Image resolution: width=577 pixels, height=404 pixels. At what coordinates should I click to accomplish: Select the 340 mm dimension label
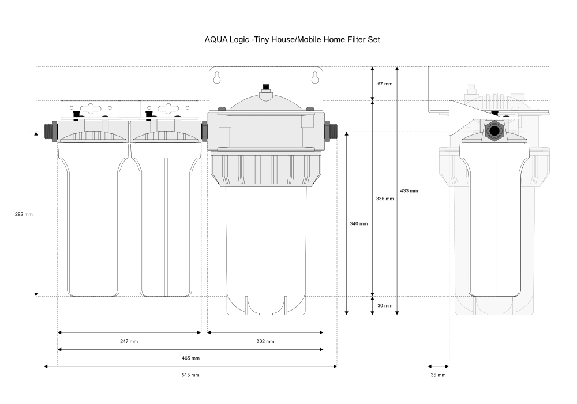point(359,223)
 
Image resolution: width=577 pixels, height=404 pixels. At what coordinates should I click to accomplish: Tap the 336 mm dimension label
point(385,199)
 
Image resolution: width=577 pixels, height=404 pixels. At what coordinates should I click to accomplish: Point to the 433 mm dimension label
point(409,190)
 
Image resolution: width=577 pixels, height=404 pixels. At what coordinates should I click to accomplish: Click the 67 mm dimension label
point(385,84)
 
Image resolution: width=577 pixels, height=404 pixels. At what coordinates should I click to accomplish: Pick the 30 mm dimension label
point(385,305)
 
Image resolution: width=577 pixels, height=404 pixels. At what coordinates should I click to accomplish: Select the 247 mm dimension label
point(129,341)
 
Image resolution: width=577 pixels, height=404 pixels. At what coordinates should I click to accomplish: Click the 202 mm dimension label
point(265,341)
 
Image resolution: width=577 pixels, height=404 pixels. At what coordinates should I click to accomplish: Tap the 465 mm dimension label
point(190,358)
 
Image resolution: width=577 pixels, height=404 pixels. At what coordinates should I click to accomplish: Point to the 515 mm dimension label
point(190,375)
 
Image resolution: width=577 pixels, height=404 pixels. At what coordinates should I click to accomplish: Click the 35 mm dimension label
point(439,375)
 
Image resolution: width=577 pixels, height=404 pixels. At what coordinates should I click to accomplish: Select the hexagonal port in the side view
point(494,130)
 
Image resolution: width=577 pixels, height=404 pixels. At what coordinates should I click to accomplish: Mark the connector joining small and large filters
point(204,132)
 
